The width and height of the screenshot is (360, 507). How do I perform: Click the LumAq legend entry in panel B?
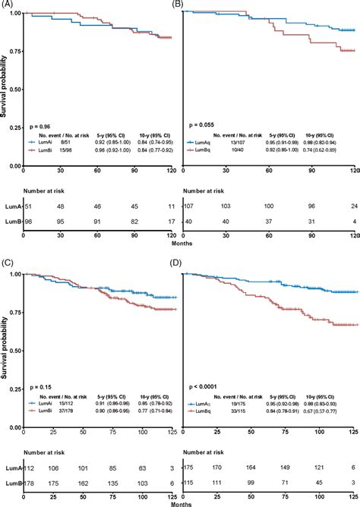pyautogui.click(x=208, y=141)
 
